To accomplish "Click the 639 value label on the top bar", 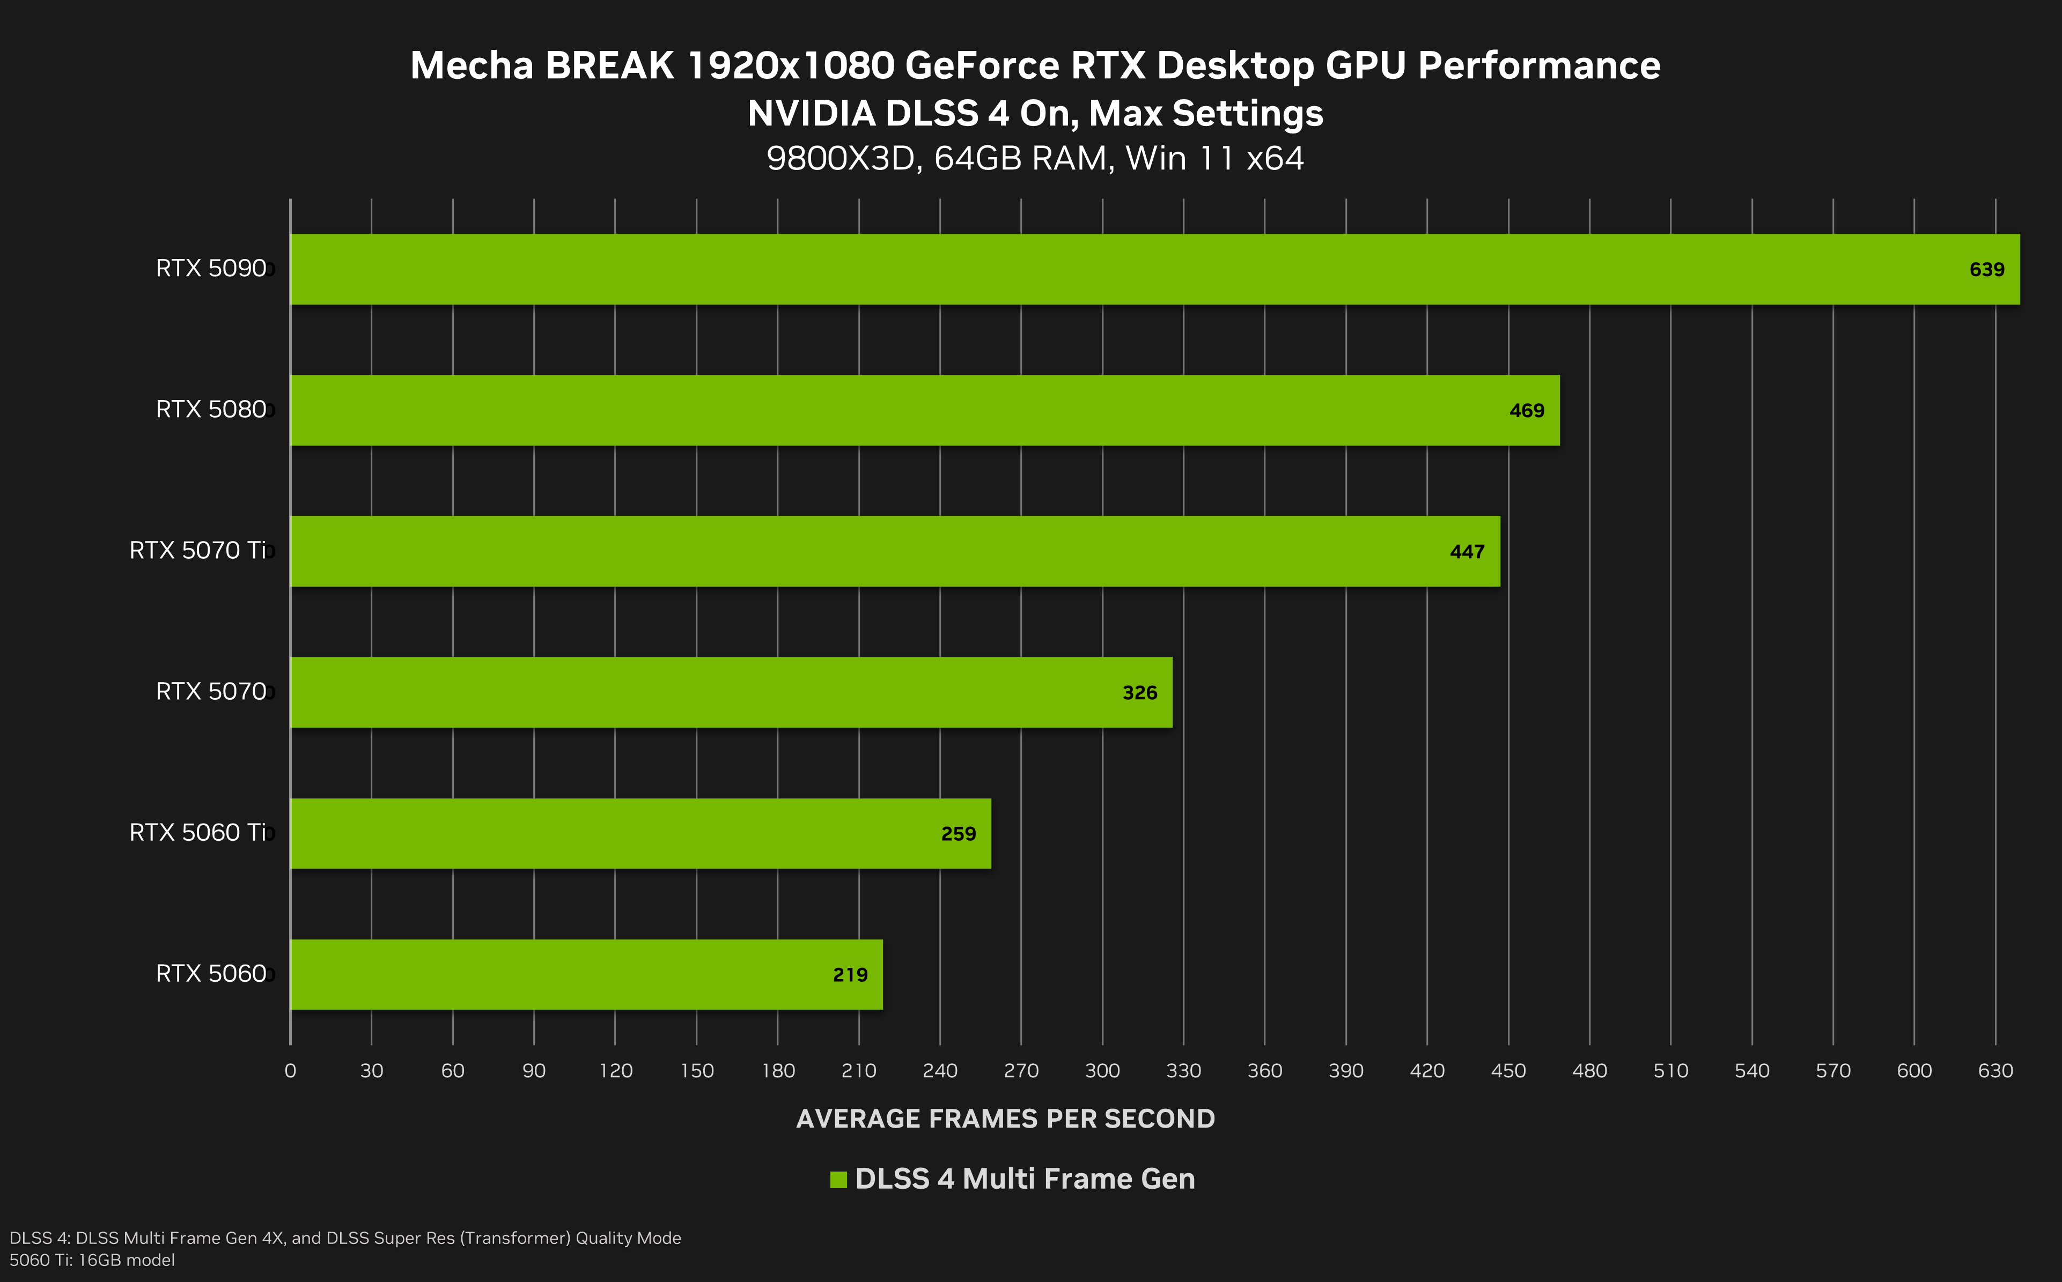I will point(1986,270).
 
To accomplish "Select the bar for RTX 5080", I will point(925,410).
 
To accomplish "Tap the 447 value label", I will point(1467,552).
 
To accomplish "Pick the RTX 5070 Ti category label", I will point(197,550).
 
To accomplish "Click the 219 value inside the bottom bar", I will point(850,975).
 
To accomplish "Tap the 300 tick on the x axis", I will point(1102,1071).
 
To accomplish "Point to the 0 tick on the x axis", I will point(290,1071).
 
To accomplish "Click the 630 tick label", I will point(1995,1071).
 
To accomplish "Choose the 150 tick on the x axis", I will point(696,1071).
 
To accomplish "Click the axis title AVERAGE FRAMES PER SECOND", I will point(1005,1119).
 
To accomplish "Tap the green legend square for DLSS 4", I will point(838,1180).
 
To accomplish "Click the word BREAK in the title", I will point(609,66).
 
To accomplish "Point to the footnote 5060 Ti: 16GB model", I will point(92,1260).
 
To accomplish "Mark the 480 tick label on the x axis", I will point(1589,1071).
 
